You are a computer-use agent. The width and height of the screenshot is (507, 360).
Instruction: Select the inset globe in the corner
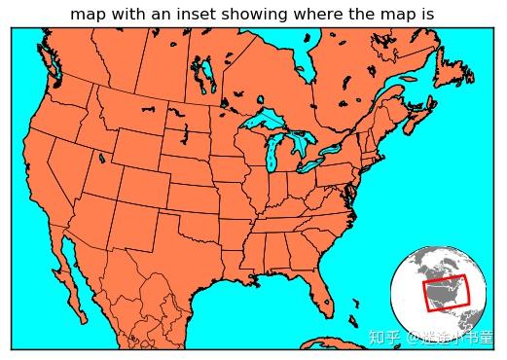[x=438, y=293]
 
